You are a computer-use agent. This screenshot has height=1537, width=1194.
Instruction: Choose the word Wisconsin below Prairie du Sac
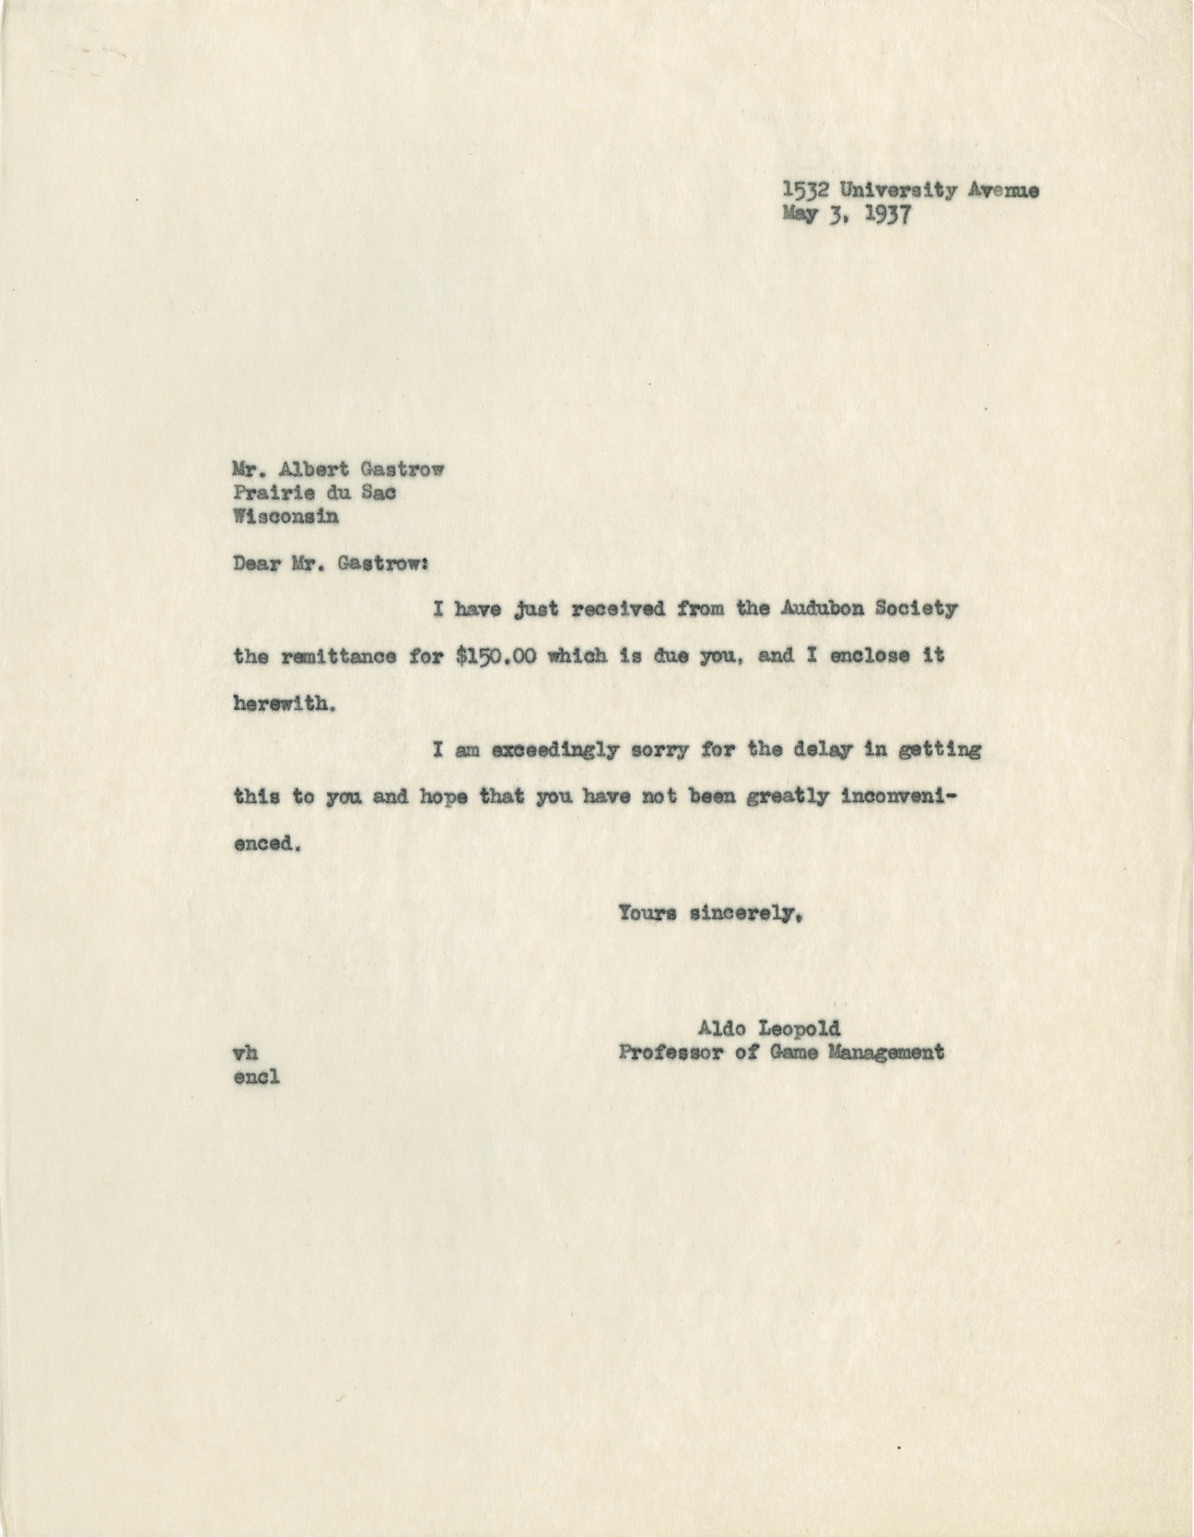pyautogui.click(x=285, y=517)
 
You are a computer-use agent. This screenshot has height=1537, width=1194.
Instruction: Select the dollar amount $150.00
pyautogui.click(x=497, y=657)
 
